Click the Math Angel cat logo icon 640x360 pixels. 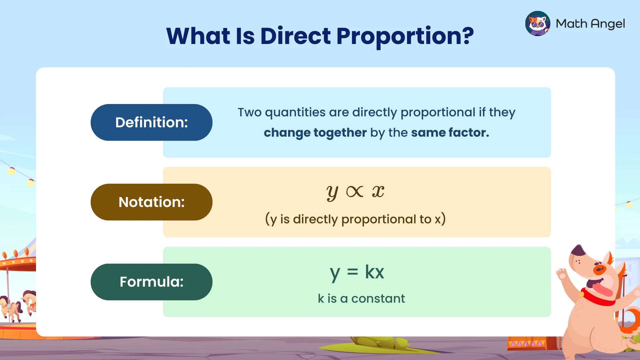537,24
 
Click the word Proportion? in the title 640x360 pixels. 405,36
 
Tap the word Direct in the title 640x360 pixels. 295,36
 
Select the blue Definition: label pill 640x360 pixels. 151,122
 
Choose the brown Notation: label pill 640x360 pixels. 151,202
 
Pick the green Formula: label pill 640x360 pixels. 151,282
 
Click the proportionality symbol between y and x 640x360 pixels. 355,192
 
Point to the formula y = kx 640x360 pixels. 357,273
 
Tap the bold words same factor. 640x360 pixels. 450,133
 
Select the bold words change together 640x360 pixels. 315,133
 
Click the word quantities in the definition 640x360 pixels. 295,113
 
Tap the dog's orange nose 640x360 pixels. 599,269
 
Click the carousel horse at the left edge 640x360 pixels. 29,302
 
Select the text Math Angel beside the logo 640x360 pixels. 590,24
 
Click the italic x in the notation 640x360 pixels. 378,192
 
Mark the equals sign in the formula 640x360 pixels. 352,273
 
